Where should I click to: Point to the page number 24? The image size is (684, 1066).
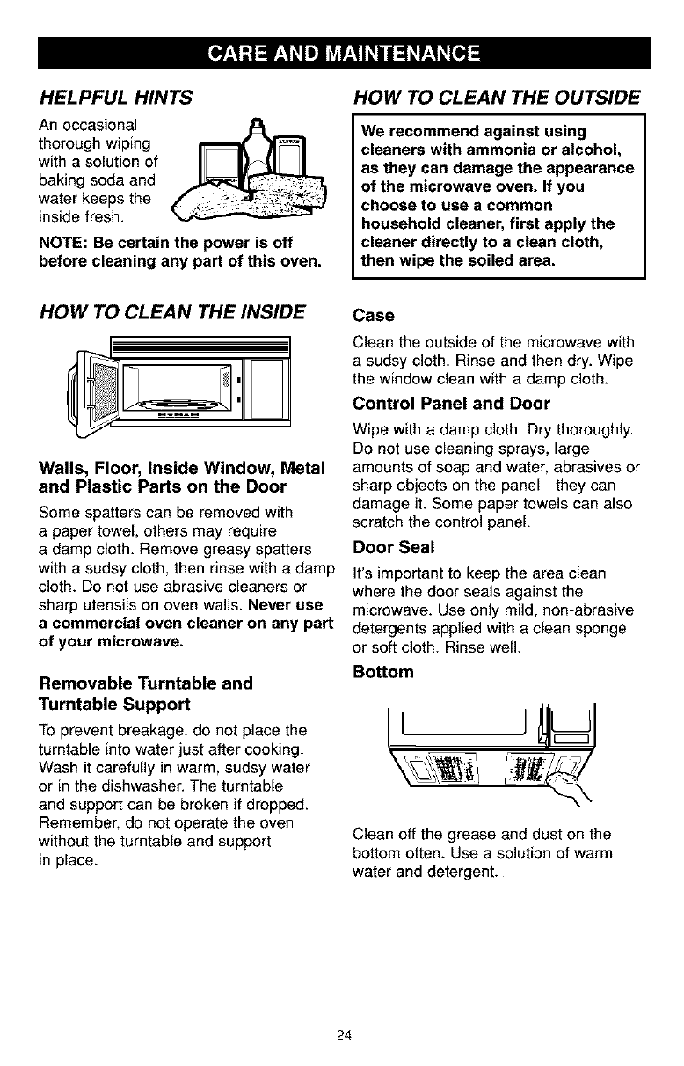pyautogui.click(x=343, y=1034)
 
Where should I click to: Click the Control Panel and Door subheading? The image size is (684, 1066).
pyautogui.click(x=451, y=404)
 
